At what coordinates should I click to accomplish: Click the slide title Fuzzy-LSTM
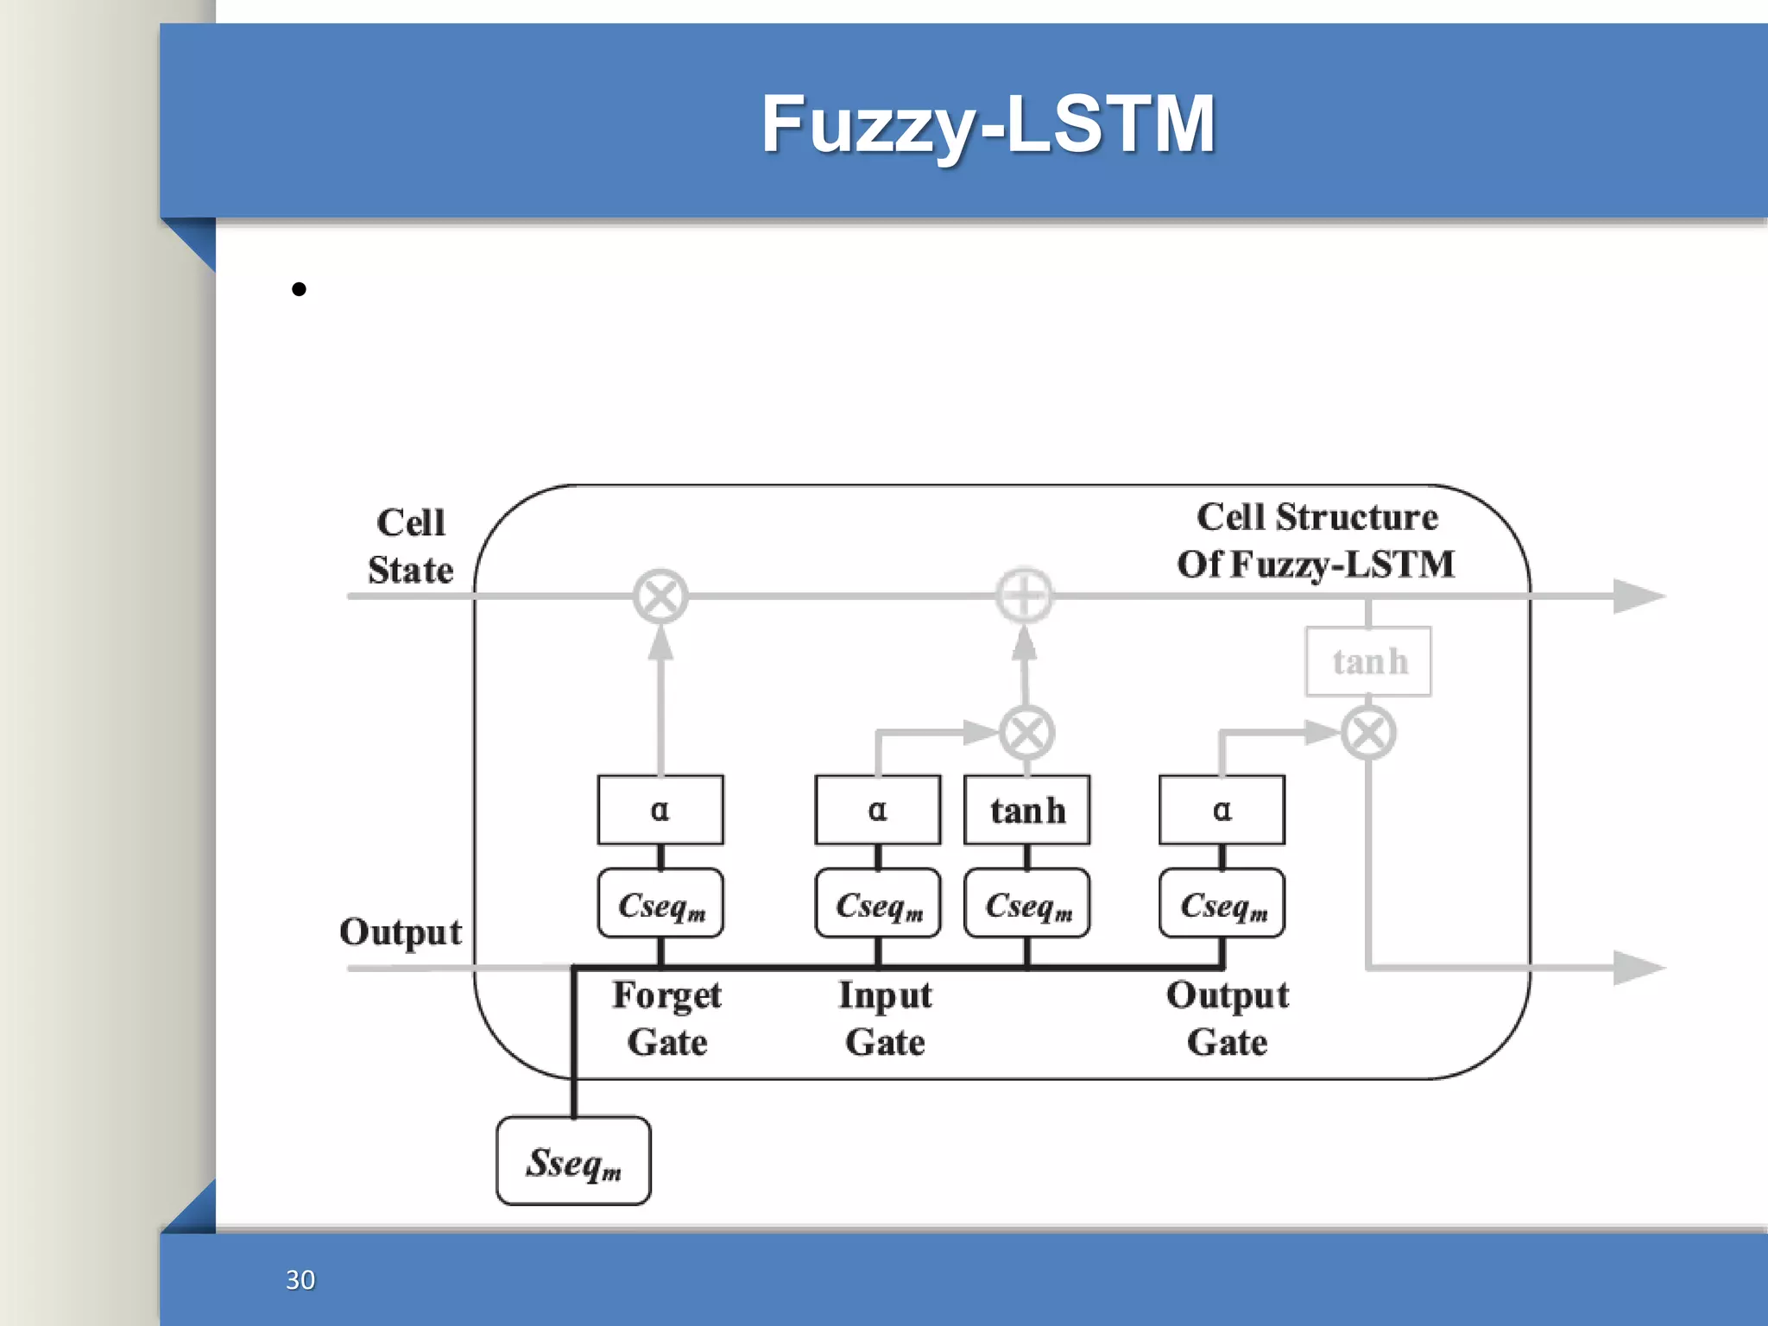click(988, 125)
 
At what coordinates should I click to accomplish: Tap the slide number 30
click(300, 1279)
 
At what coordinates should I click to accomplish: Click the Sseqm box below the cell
click(573, 1161)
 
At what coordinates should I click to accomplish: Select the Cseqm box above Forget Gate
click(660, 904)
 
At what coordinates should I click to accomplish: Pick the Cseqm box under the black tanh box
click(1027, 904)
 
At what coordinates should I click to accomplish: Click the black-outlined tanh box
click(1027, 810)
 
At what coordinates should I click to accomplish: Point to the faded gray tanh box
click(1368, 661)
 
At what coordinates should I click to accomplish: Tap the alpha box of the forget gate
click(660, 810)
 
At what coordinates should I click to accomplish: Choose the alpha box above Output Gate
click(1222, 810)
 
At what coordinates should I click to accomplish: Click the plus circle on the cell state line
click(1025, 596)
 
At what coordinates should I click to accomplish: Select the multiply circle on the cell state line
click(660, 596)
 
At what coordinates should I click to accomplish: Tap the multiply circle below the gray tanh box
click(1368, 733)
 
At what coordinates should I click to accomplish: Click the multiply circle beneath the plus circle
click(1026, 733)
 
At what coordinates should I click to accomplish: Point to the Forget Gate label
click(666, 1019)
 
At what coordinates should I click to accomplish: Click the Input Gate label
click(885, 1019)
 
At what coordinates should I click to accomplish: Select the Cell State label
click(410, 546)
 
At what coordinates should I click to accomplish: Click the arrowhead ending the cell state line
click(1638, 596)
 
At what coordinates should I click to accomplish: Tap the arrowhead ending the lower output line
click(1638, 967)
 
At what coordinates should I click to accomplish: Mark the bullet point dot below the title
click(299, 289)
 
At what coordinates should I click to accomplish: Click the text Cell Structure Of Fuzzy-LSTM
click(1316, 540)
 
